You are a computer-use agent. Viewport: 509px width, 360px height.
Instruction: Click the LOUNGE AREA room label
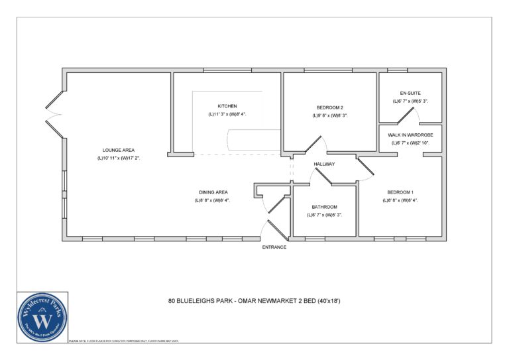[119, 150]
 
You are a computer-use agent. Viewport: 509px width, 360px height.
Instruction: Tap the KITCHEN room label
[227, 106]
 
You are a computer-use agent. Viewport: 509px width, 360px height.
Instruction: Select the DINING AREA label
[211, 192]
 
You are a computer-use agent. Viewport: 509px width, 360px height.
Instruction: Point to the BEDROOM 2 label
[329, 107]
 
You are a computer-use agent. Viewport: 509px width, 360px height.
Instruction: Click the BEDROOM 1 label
[400, 192]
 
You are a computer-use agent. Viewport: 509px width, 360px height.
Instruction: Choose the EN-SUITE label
[410, 93]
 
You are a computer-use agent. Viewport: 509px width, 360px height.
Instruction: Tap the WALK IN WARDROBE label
[410, 135]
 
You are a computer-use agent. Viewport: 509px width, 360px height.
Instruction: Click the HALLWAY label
[325, 164]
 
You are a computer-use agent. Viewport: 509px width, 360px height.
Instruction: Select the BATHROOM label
[325, 207]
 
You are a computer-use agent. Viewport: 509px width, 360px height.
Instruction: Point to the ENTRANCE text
[274, 247]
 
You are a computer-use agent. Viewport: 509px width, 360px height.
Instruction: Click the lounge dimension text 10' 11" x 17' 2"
[119, 158]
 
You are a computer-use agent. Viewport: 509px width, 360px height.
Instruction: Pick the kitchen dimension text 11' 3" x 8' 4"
[227, 115]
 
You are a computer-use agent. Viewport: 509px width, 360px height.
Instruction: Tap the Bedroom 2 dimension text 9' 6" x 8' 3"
[329, 115]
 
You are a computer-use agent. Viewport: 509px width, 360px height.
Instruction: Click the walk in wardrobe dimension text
[410, 143]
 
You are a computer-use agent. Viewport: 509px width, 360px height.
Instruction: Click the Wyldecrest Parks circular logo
[44, 317]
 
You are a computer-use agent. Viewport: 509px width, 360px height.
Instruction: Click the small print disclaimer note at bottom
[124, 341]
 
